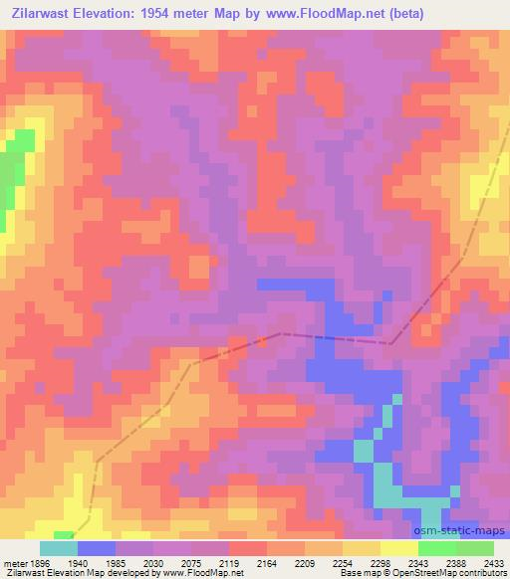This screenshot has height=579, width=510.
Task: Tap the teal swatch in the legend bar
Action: [59, 548]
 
